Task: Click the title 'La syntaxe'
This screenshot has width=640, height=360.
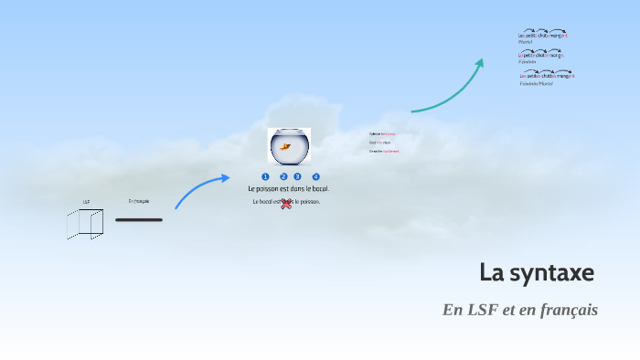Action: click(537, 272)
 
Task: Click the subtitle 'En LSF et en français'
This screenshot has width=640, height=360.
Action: click(519, 310)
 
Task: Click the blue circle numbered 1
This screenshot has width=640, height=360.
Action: click(265, 176)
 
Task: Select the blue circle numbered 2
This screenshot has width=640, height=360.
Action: click(284, 176)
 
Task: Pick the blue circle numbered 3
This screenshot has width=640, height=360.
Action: click(297, 176)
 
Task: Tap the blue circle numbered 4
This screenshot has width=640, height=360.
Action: click(315, 176)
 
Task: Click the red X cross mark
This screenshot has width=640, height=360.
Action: click(286, 203)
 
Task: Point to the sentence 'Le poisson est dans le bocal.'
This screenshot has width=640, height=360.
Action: click(289, 188)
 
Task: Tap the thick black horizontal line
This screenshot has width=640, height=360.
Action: click(139, 219)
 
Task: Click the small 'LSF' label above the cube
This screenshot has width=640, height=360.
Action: click(86, 202)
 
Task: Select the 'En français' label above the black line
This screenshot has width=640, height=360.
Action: click(139, 201)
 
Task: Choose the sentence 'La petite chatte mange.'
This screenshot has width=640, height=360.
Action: click(541, 55)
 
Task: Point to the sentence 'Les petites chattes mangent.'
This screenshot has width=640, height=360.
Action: click(547, 76)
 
